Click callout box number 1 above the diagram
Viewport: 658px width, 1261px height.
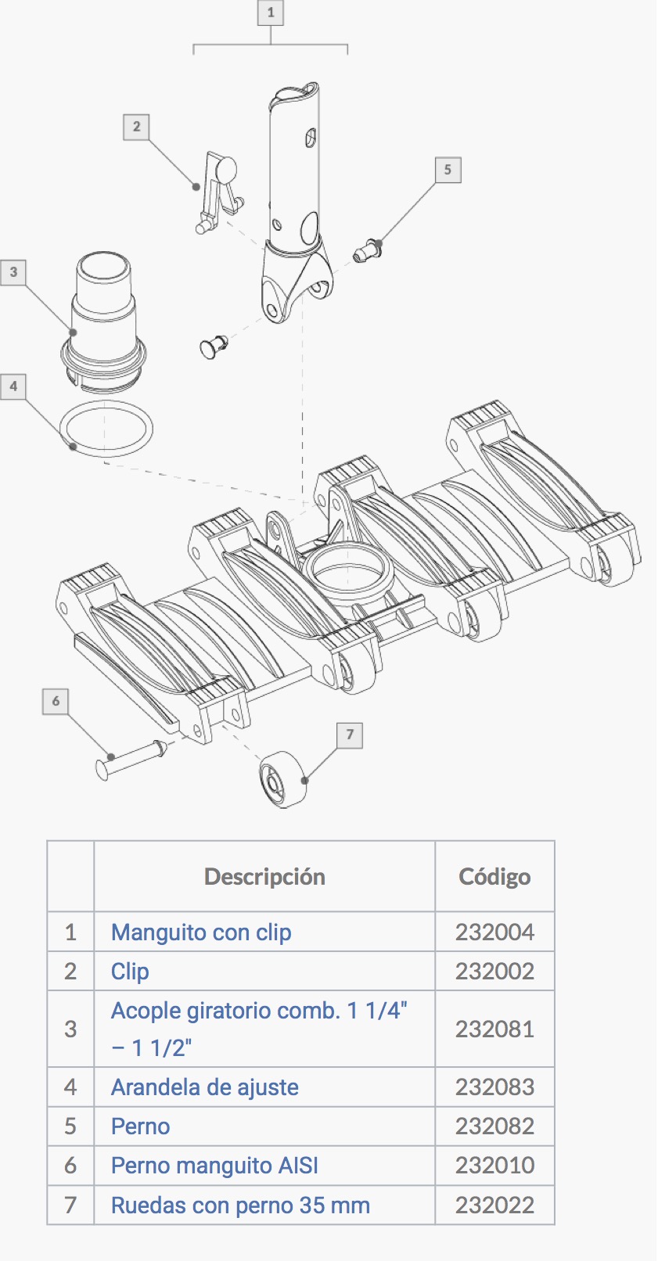(x=271, y=13)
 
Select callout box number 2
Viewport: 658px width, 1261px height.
(x=137, y=127)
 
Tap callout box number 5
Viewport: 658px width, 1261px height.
(x=448, y=170)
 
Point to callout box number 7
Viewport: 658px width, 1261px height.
(x=350, y=735)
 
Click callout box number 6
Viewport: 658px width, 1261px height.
(x=56, y=701)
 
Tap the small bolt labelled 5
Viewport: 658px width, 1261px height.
(x=367, y=250)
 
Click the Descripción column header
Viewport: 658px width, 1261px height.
(x=264, y=877)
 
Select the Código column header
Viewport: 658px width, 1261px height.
(x=494, y=877)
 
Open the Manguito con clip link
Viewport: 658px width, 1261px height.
(x=201, y=932)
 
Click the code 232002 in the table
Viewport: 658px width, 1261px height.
(x=494, y=972)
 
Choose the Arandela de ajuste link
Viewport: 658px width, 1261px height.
(x=205, y=1087)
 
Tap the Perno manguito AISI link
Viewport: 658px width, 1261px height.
(x=214, y=1166)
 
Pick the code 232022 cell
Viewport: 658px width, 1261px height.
(x=494, y=1205)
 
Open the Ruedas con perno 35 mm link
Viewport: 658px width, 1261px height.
(x=240, y=1205)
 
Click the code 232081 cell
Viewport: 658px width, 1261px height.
(x=494, y=1029)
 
